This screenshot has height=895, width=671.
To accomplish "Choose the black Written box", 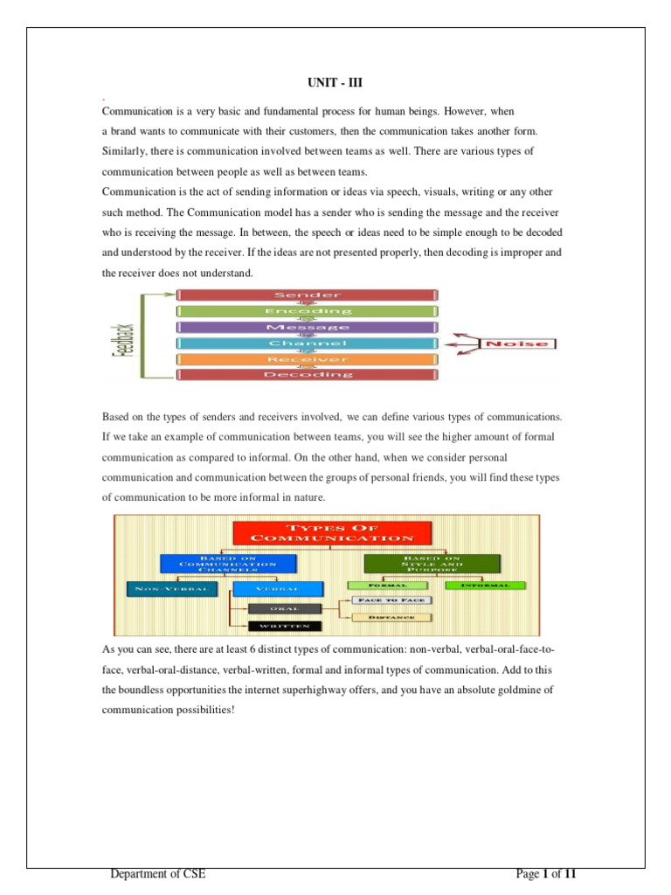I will pos(286,626).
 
